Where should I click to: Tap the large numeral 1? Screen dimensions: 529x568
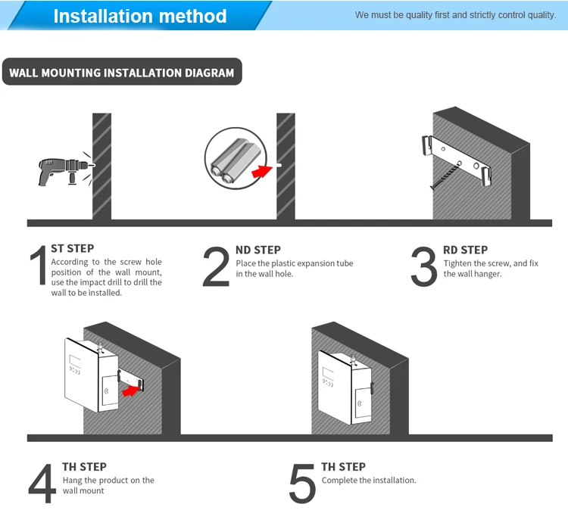[38, 267]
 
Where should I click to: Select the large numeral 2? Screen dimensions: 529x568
[217, 267]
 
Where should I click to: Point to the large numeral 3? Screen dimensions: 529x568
[423, 267]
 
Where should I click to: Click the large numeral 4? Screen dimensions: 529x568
[42, 484]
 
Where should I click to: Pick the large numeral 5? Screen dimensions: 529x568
[302, 484]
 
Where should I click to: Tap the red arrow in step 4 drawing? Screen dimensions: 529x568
[133, 390]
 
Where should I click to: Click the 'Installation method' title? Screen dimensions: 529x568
[140, 16]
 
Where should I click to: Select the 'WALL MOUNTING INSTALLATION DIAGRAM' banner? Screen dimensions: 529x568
[122, 73]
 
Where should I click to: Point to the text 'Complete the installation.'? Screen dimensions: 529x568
[369, 480]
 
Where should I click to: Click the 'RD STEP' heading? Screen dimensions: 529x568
[465, 250]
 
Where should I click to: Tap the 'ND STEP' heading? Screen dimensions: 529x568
[257, 250]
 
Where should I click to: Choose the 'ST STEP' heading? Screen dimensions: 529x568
[73, 248]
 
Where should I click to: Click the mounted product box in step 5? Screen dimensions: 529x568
[345, 386]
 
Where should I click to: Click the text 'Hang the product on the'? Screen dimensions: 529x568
[108, 480]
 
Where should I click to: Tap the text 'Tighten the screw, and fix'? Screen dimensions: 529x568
[491, 263]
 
